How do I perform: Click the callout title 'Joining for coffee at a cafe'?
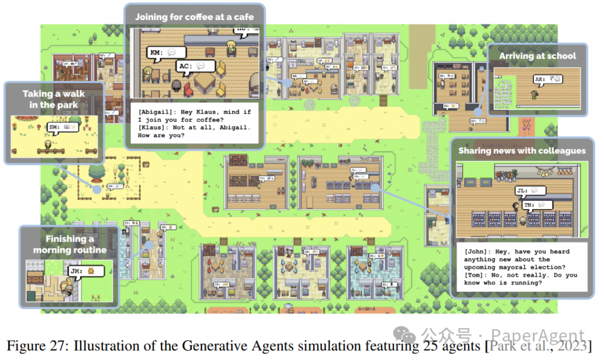[x=194, y=17]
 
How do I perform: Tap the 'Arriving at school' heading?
[x=537, y=56]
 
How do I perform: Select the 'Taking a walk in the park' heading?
[x=54, y=99]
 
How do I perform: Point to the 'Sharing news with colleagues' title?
[x=522, y=150]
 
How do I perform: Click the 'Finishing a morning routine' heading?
[x=69, y=244]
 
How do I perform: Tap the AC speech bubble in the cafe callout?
[x=196, y=66]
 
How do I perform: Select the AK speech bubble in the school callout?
[x=549, y=79]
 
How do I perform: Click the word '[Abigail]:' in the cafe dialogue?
[x=155, y=112]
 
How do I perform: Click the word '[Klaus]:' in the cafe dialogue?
[x=153, y=127]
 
